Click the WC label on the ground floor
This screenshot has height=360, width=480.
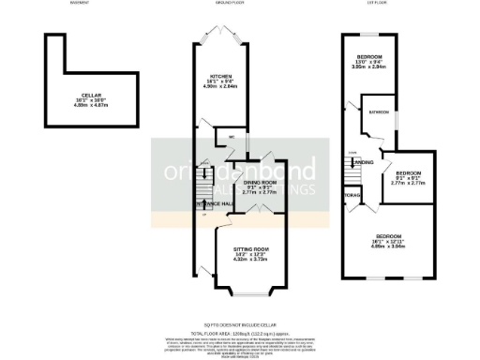coord(231,138)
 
